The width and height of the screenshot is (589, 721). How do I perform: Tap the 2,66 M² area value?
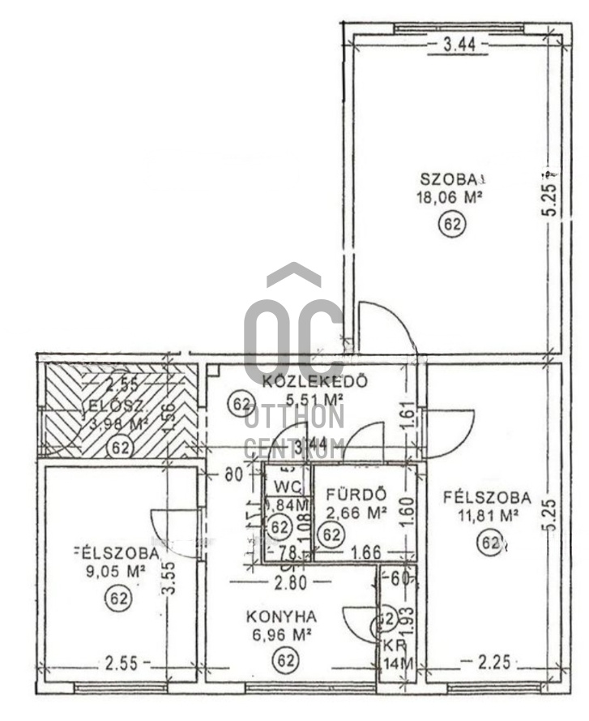coord(355,512)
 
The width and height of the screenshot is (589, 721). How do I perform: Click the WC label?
coord(288,487)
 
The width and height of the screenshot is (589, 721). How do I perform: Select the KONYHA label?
coord(281,616)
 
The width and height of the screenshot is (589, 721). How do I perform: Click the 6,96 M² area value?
coord(281,633)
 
